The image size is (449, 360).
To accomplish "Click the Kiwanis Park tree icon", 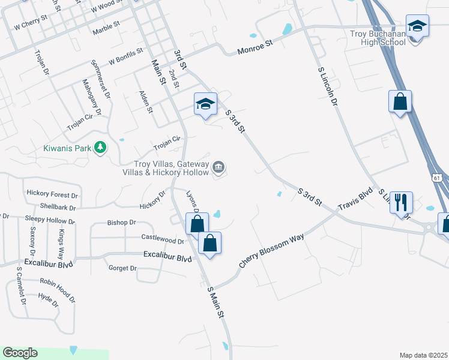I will click(x=101, y=147).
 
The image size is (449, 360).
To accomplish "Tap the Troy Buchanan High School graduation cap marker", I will click(x=417, y=27).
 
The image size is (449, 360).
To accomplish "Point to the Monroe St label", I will click(x=255, y=47).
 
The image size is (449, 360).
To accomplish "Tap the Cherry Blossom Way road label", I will click(x=271, y=251).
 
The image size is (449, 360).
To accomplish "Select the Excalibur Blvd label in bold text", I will click(x=167, y=257).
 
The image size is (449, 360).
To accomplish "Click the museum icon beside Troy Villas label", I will click(x=219, y=167).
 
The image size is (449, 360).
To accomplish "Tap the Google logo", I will click(x=20, y=353).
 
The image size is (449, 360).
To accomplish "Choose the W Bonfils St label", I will click(x=125, y=57).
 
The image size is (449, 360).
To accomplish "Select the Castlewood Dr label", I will click(x=162, y=239).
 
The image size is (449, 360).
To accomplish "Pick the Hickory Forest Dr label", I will click(x=52, y=194).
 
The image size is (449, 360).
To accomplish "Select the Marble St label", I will click(x=106, y=29).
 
